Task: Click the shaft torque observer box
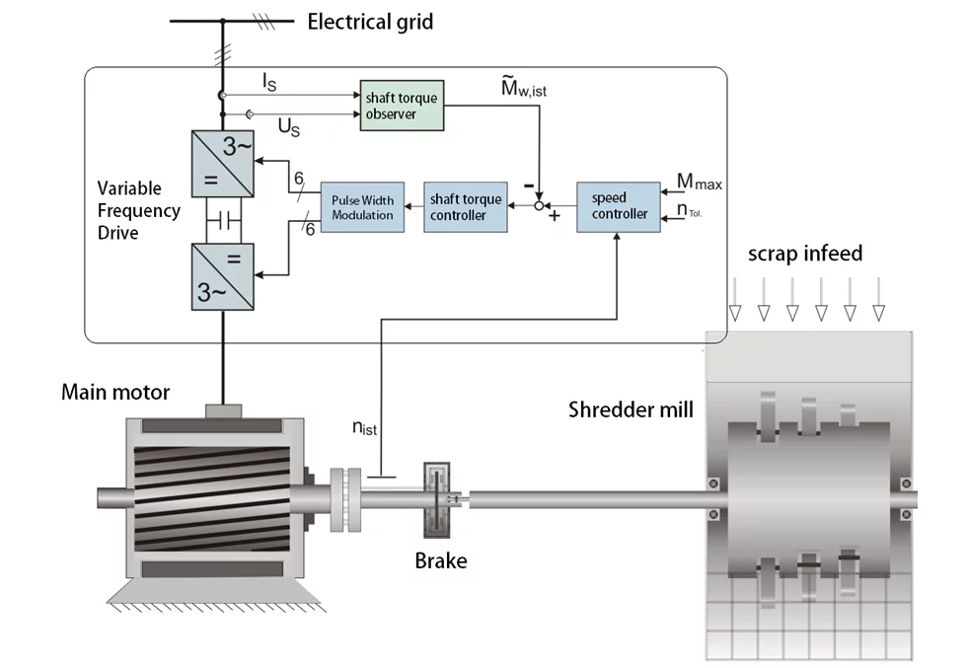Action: point(401,106)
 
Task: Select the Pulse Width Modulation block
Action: point(362,207)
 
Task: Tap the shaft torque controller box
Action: point(466,207)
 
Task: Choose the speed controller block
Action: point(619,206)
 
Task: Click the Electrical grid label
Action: point(370,21)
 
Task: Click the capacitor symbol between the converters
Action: point(223,218)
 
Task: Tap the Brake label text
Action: point(440,561)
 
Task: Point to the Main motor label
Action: point(115,393)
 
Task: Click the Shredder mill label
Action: point(631,408)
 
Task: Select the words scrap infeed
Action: point(804,254)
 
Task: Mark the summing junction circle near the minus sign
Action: point(538,205)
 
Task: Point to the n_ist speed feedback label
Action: point(365,428)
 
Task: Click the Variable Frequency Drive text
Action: point(138,210)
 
